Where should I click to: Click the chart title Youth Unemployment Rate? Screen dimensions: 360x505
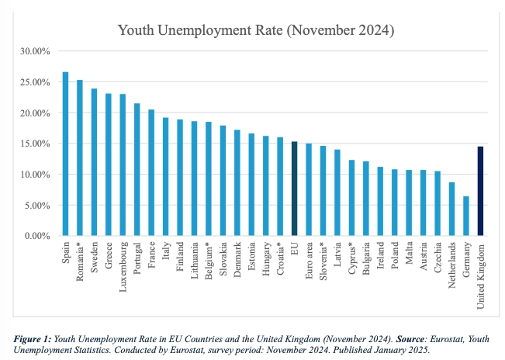pyautogui.click(x=256, y=31)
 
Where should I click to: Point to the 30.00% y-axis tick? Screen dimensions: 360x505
pyautogui.click(x=36, y=51)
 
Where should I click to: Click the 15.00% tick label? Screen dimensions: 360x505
pyautogui.click(x=36, y=144)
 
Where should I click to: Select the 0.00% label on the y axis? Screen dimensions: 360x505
pyautogui.click(x=38, y=236)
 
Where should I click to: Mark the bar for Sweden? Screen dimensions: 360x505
pyautogui.click(x=95, y=162)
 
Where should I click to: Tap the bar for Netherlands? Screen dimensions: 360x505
pyautogui.click(x=451, y=209)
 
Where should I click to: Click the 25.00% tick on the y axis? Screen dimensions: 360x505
pyautogui.click(x=36, y=82)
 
